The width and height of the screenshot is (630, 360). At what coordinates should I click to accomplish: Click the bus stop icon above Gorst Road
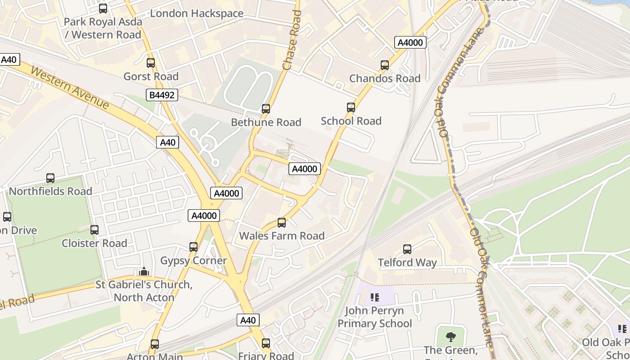(151, 63)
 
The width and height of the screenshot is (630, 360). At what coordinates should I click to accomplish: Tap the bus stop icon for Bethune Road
(266, 109)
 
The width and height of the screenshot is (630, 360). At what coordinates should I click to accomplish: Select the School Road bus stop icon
(351, 108)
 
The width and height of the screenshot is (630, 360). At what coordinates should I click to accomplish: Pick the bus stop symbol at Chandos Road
(385, 65)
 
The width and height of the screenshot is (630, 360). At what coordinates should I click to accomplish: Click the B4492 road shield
(162, 95)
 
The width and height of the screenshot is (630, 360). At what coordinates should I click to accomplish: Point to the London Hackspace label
(197, 13)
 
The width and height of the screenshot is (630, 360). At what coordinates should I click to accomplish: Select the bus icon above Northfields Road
(50, 178)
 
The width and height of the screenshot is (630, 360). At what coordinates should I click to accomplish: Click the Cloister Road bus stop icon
(94, 230)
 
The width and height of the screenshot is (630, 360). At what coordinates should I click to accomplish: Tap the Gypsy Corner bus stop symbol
(193, 247)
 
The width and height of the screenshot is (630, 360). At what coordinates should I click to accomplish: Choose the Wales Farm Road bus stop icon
(282, 223)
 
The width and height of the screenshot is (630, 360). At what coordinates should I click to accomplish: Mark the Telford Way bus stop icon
(407, 249)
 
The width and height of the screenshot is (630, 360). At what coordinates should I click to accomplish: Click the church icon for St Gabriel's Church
(144, 271)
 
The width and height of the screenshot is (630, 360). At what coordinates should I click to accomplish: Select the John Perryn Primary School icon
(375, 297)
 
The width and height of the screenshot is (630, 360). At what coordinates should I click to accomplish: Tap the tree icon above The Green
(450, 337)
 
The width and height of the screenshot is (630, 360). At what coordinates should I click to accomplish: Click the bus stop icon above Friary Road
(266, 343)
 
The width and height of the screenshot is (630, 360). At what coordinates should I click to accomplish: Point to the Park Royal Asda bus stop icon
(103, 9)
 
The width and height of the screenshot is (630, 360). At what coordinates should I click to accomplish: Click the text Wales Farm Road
(282, 236)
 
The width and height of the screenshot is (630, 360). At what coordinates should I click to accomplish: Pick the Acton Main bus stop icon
(155, 344)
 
